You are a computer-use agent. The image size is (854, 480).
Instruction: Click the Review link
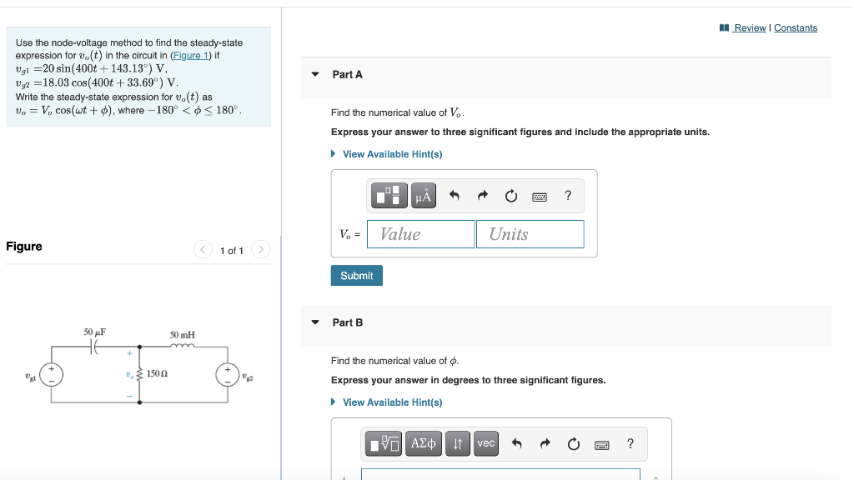coord(749,27)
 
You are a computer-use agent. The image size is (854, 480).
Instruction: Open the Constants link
coord(795,27)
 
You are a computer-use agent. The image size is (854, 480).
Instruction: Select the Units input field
coord(530,234)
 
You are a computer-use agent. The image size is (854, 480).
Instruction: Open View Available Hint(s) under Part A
coord(392,154)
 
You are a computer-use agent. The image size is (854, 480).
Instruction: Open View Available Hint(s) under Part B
coord(392,402)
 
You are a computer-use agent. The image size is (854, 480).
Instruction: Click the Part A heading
coord(347,74)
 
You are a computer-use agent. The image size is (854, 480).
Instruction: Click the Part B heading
coord(347,322)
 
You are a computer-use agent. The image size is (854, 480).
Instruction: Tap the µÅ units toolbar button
coord(424,196)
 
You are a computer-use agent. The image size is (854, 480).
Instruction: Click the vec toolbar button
coord(486,443)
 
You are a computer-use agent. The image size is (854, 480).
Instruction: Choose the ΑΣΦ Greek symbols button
coord(424,443)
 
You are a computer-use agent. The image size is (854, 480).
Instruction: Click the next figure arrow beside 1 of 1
coord(260,249)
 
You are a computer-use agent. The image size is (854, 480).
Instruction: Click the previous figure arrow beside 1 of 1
coord(203,249)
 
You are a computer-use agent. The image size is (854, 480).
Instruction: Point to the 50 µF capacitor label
coord(94,332)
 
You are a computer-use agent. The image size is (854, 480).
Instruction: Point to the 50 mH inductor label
coord(182,334)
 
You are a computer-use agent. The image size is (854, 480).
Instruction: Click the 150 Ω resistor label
coord(158,374)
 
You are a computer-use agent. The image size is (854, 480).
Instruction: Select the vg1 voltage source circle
coord(52,374)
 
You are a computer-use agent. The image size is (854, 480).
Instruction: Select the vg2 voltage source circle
coord(227,374)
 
